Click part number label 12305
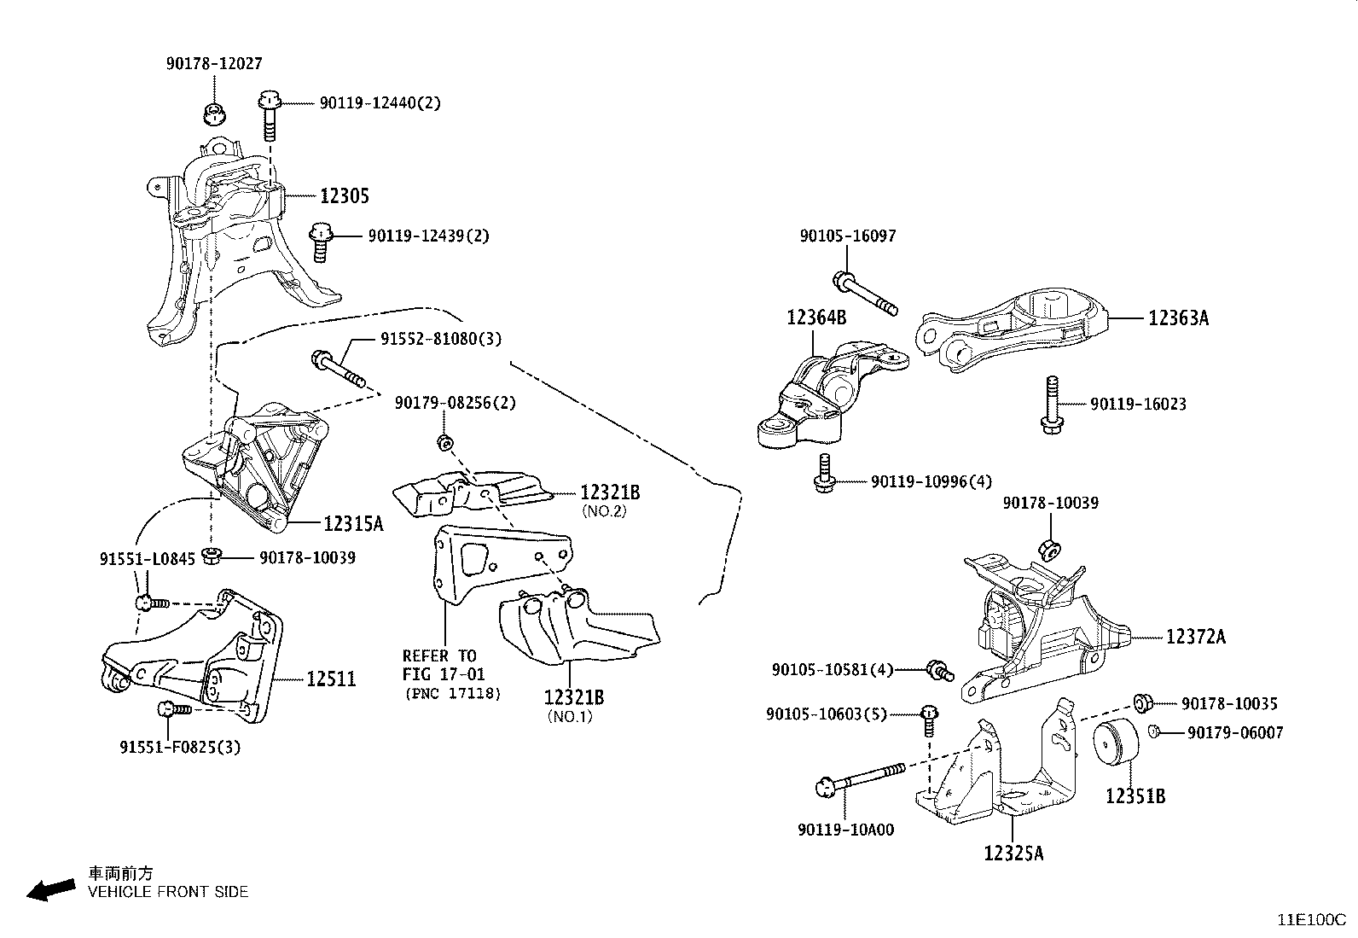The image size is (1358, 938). coord(345,196)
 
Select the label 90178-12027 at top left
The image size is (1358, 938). coord(213,63)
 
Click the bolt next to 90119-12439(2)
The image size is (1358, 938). coord(321,242)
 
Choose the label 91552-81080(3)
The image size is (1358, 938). coord(441,339)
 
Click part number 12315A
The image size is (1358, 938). coord(353,523)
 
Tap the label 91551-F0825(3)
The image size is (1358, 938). coord(180,748)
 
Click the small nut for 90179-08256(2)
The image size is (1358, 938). coord(444,442)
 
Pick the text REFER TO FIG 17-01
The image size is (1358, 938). coord(439,665)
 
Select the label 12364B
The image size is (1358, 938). coord(816,318)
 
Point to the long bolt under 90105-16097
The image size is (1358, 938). coord(866,294)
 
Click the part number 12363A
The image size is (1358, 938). coord(1178,318)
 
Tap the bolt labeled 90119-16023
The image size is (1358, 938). coord(1051,405)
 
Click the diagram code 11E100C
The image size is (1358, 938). coord(1310,919)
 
